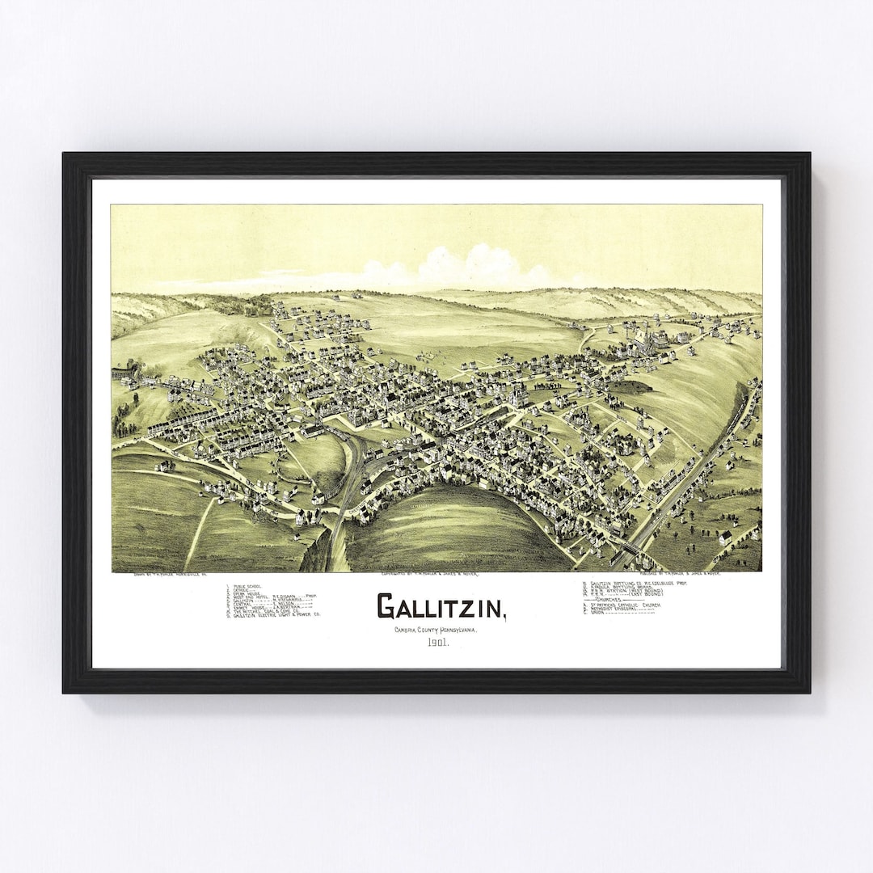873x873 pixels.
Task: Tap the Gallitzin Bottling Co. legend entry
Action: (x=639, y=583)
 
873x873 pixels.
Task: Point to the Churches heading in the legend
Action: (x=619, y=601)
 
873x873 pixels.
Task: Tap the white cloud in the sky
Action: (x=469, y=267)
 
